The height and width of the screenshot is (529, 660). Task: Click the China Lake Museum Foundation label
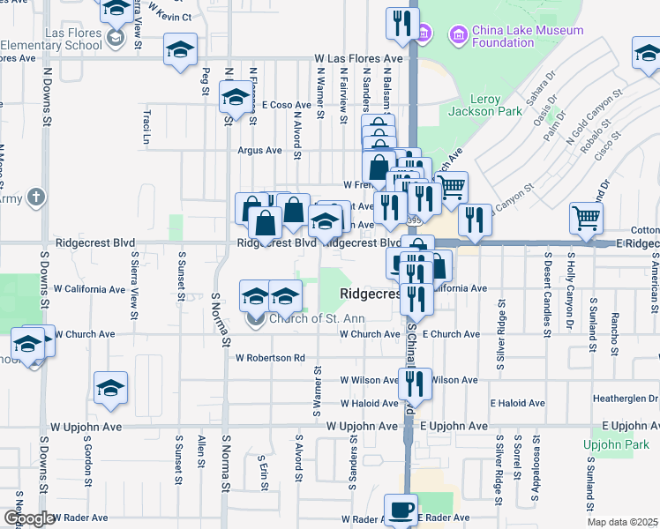(528, 36)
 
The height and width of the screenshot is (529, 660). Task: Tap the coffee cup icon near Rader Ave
(401, 510)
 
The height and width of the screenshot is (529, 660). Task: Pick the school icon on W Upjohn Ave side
(111, 389)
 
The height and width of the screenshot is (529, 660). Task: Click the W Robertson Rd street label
(270, 358)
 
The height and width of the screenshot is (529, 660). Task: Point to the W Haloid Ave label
(370, 403)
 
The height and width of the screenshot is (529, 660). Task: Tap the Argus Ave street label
(259, 151)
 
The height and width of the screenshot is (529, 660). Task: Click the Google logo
(28, 518)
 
